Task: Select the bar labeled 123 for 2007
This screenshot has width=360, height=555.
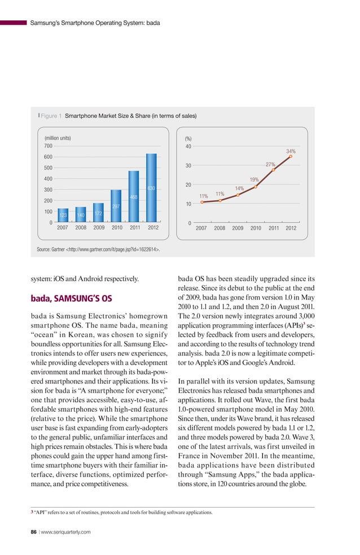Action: pos(63,215)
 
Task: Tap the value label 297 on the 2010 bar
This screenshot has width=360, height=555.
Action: pos(116,206)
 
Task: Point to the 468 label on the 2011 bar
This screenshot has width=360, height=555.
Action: pos(134,197)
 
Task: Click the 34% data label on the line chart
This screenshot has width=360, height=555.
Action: pos(291,151)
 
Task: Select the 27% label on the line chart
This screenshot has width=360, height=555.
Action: pos(270,165)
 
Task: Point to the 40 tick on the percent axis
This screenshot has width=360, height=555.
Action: pos(188,147)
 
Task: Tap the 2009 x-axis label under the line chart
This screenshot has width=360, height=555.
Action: pos(238,228)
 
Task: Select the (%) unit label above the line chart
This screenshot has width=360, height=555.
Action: pos(188,138)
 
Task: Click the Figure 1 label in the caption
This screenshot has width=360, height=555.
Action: pos(51,116)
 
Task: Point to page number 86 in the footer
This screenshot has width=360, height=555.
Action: pos(34,531)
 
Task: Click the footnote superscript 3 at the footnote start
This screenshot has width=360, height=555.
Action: pos(31,512)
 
